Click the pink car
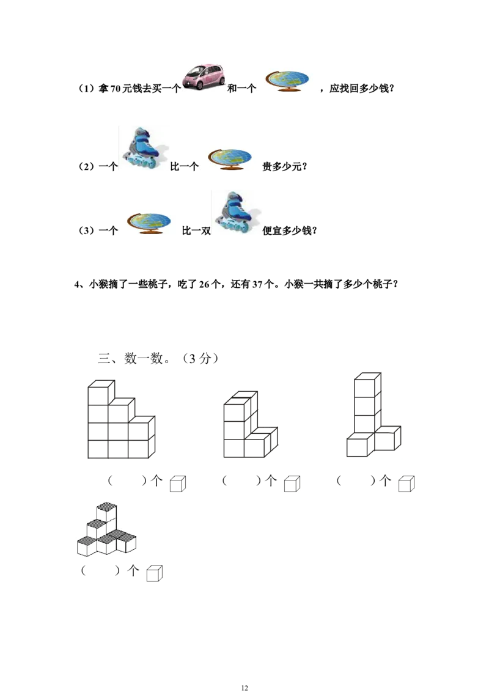[205, 76]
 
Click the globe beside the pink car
[288, 78]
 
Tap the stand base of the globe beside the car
[288, 90]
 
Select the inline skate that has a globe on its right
[144, 147]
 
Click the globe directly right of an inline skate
[229, 156]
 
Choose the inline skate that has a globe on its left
[237, 210]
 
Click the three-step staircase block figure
[119, 422]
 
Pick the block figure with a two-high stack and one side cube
[248, 425]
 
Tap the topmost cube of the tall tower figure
[369, 385]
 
